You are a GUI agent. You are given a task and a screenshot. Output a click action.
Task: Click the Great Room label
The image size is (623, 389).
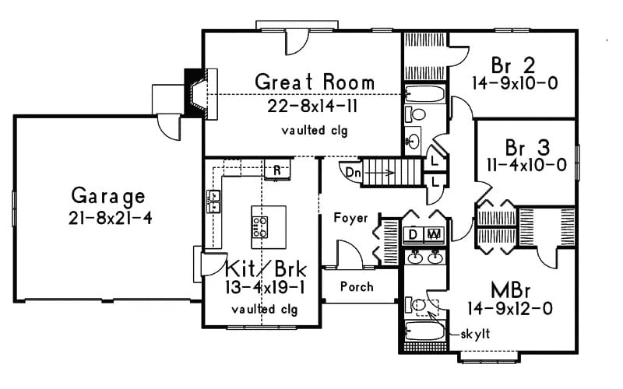315,82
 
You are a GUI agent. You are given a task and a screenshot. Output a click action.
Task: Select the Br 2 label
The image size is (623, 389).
511,63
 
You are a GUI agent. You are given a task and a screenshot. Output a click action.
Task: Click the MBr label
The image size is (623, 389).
511,289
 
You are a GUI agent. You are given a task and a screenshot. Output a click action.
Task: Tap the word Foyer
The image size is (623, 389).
350,219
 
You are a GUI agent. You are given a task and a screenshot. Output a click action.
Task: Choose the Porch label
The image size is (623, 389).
357,286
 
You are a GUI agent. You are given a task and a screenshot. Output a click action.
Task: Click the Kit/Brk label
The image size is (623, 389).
266,270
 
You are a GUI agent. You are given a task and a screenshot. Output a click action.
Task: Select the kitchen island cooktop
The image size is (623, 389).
260,226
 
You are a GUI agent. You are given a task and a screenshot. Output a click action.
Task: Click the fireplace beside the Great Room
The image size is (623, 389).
195,93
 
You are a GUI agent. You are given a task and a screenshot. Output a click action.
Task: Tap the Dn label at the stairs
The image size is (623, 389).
353,171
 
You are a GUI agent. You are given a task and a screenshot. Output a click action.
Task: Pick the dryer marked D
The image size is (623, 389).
413,233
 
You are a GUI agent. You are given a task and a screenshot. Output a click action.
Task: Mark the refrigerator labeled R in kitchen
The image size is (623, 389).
276,170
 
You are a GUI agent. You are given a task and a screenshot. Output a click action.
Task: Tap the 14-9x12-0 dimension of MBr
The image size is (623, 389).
512,308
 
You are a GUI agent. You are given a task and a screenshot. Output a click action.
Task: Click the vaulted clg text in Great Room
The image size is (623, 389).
315,131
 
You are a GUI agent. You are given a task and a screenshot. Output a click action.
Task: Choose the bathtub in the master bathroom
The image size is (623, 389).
425,335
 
